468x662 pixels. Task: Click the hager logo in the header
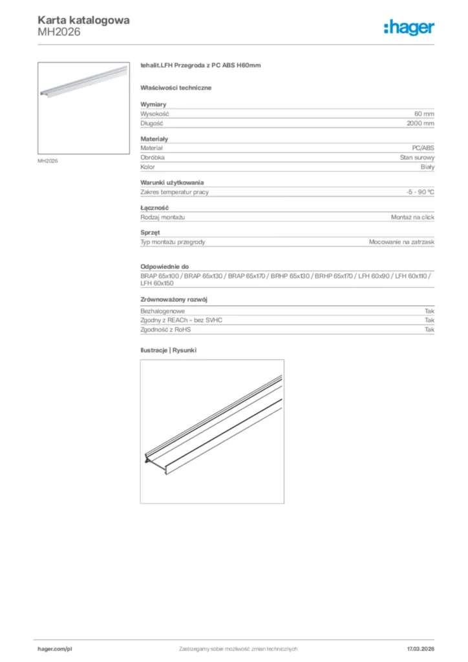[x=409, y=27]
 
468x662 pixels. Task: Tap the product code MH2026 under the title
[x=59, y=32]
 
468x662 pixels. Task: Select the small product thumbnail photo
[x=83, y=107]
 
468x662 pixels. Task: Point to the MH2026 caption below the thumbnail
[x=48, y=161]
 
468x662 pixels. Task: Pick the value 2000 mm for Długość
[x=420, y=123]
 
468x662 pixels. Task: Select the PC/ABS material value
[x=423, y=149]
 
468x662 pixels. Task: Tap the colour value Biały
[x=427, y=167]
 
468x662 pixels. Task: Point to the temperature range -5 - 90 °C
[x=416, y=192]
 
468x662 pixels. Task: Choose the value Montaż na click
[x=412, y=217]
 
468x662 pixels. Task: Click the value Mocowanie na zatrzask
[x=401, y=242]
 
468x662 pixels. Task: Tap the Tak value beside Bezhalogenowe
[x=429, y=311]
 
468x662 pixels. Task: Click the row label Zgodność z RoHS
[x=165, y=330]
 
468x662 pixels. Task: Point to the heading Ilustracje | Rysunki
[x=168, y=350]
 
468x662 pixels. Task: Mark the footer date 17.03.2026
[x=420, y=648]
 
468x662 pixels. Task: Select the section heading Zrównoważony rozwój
[x=173, y=300]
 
